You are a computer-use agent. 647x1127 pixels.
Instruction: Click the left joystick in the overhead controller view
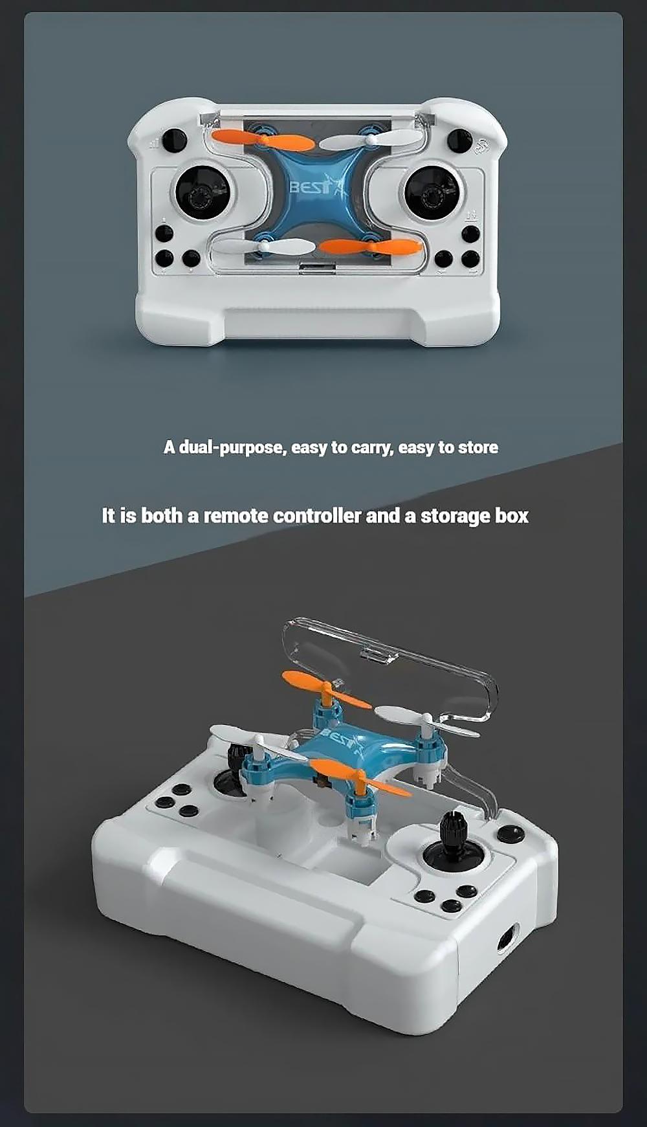(203, 192)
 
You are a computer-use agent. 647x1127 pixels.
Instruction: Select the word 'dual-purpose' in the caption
(232, 447)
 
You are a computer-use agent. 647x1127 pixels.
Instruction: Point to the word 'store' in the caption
(478, 447)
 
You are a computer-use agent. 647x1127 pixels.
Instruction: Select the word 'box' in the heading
(512, 516)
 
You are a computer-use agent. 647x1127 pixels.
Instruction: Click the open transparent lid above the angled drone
(388, 670)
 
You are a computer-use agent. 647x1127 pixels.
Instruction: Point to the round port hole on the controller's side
(508, 938)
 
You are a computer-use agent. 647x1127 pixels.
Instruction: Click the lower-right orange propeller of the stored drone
(371, 247)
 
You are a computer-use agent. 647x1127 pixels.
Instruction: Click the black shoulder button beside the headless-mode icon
(459, 140)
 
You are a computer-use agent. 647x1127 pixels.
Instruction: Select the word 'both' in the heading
(162, 516)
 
